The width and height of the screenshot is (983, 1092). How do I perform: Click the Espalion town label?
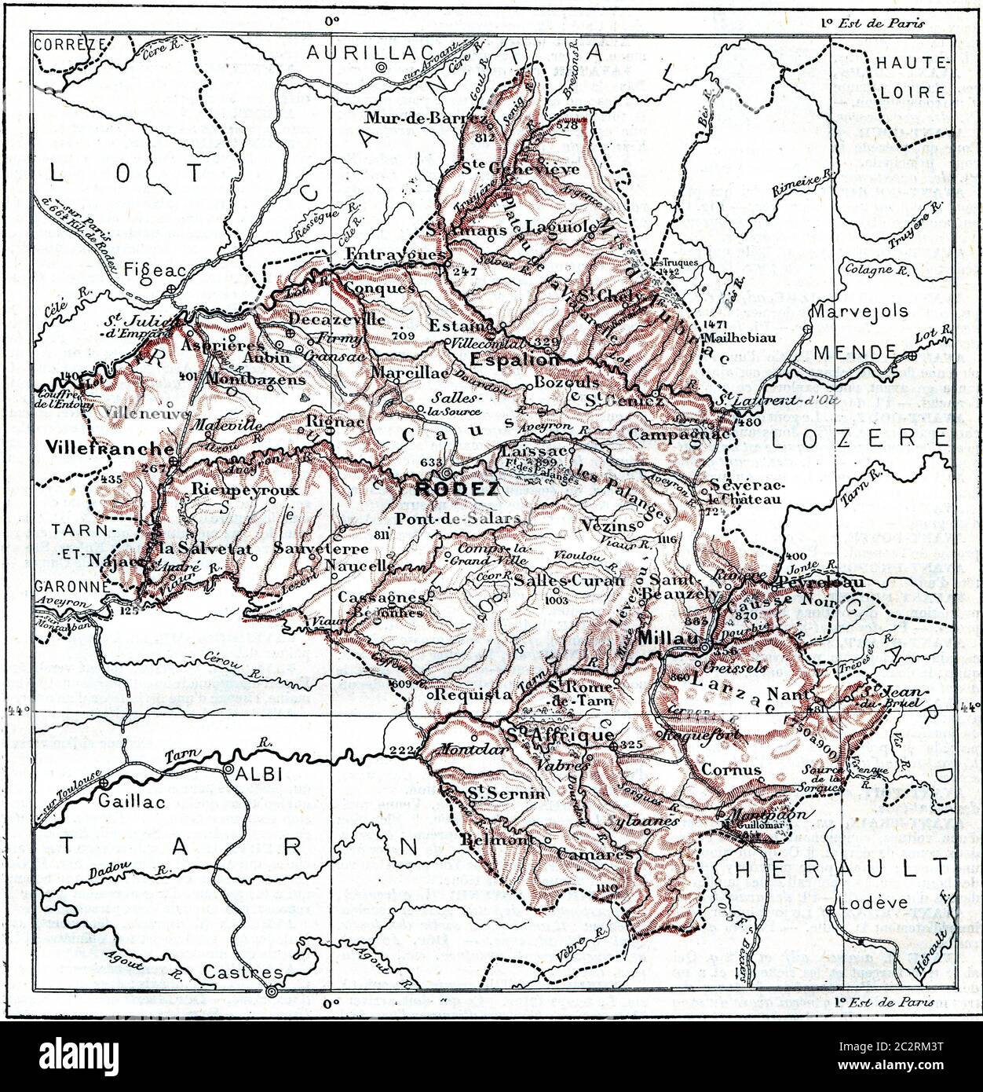point(516,359)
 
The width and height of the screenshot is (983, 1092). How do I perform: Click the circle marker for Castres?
point(272,992)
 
